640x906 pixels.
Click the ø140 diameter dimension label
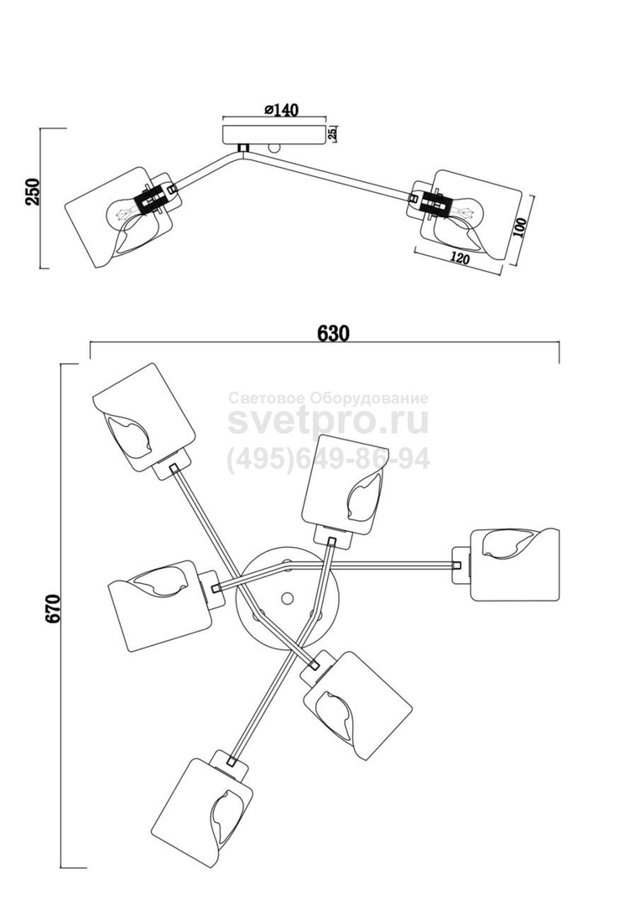pyautogui.click(x=282, y=110)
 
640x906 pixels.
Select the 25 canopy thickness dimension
pyautogui.click(x=333, y=133)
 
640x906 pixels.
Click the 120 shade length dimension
pyautogui.click(x=457, y=258)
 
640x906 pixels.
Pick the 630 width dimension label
pyautogui.click(x=333, y=332)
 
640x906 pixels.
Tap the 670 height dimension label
pyautogui.click(x=53, y=608)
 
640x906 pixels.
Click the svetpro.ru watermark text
pyautogui.click(x=328, y=420)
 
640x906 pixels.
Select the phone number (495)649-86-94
pyautogui.click(x=328, y=459)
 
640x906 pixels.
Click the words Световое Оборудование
pyautogui.click(x=328, y=398)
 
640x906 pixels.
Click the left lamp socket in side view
pyautogui.click(x=151, y=201)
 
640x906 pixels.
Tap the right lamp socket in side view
pyautogui.click(x=434, y=203)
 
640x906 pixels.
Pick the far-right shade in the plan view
pyautogui.click(x=513, y=564)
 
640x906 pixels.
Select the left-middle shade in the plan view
pyautogui.click(x=159, y=604)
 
